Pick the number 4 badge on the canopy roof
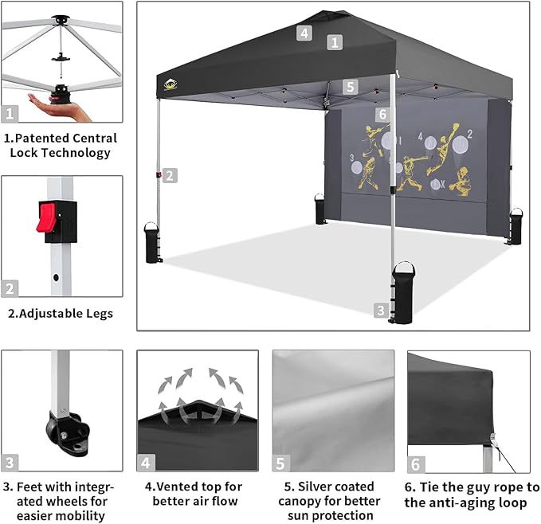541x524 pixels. coord(303,33)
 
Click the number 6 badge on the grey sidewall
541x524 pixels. coord(382,115)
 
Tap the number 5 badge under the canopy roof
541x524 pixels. coord(351,87)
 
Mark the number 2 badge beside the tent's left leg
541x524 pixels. coord(170,176)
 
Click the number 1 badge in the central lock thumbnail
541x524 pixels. coord(10,114)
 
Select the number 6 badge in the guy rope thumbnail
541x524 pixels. coord(416,463)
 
